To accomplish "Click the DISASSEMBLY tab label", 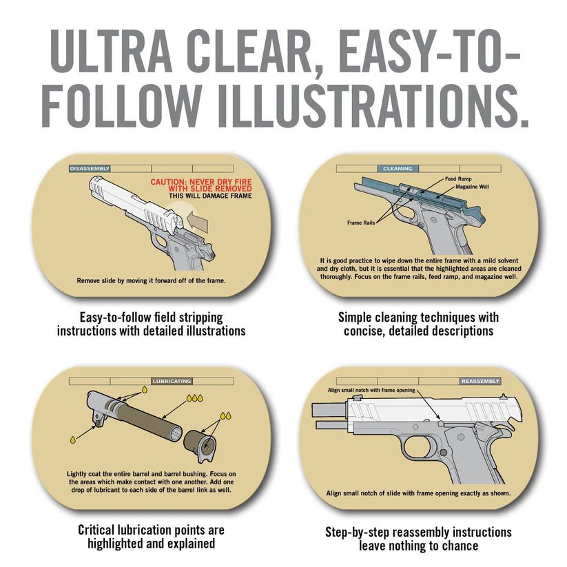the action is point(90,169).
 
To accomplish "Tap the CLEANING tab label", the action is point(398,169).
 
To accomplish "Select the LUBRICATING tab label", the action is point(172,381).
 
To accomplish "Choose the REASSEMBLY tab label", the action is point(480,381).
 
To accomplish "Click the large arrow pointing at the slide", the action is point(198,220).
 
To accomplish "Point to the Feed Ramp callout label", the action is point(458,178).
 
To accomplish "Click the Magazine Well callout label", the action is point(472,187).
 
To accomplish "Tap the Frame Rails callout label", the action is point(361,223).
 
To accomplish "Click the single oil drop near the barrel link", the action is point(73,440).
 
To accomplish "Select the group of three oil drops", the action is point(194,398).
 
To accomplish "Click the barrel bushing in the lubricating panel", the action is point(200,446).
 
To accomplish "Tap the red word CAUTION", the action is point(168,182).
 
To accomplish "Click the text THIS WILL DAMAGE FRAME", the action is point(210,196).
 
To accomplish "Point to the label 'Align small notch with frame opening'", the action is point(371,390).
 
